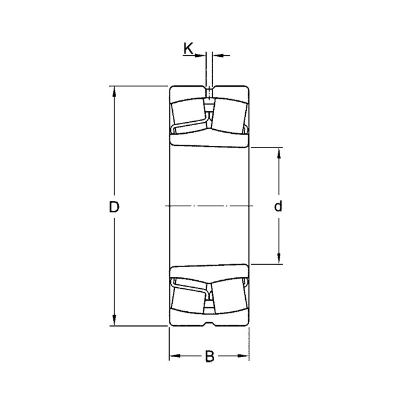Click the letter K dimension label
188,49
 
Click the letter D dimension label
114,207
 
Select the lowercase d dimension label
279,207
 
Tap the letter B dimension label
209,357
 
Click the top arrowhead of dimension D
114,91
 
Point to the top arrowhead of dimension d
279,152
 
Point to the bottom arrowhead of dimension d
279,260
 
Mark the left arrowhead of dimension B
173,357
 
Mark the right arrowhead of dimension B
245,357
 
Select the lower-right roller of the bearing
228,299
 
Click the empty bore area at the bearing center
209,184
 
